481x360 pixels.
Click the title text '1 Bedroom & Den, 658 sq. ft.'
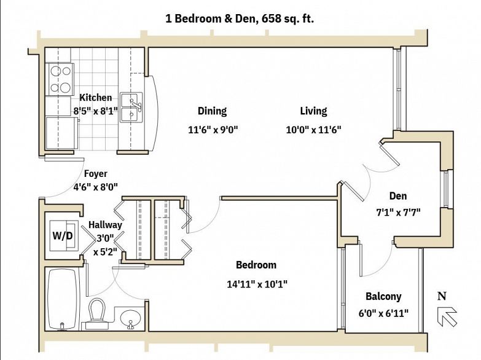(x=240, y=19)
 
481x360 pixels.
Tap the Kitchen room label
(x=96, y=98)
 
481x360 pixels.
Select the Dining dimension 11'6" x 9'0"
(x=213, y=130)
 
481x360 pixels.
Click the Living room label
(x=313, y=111)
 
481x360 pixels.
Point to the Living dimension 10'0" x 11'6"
(x=313, y=130)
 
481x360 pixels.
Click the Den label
(x=398, y=196)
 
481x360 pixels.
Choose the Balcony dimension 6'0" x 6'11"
(x=383, y=313)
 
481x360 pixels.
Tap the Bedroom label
(x=256, y=265)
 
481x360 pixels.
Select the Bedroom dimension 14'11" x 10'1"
(x=257, y=284)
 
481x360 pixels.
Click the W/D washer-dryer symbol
(x=63, y=235)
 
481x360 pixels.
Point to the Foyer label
(x=96, y=174)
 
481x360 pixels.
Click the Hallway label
(x=105, y=225)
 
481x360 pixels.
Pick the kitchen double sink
(x=131, y=108)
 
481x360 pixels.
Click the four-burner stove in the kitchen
(x=60, y=79)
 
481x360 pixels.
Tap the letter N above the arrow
(x=442, y=296)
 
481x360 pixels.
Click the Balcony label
(x=383, y=297)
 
